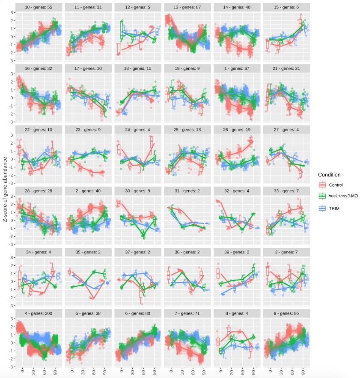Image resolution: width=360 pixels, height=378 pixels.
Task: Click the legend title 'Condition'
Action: (329, 175)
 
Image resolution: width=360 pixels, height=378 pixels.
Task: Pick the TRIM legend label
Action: (335, 208)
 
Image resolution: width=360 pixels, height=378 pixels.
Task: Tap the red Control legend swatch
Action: (323, 185)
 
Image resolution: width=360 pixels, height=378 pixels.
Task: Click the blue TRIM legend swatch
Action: (323, 208)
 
